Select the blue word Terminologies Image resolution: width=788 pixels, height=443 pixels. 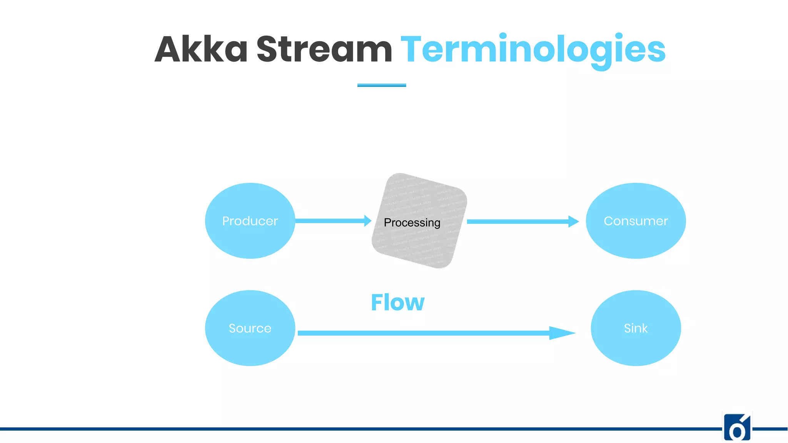(x=533, y=50)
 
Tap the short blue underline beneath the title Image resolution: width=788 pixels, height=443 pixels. (x=381, y=85)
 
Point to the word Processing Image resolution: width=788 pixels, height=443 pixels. (x=412, y=223)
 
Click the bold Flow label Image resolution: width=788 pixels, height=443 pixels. (x=397, y=302)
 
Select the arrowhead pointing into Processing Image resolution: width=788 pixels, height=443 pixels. (x=367, y=221)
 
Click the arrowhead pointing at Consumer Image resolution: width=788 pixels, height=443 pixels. (x=573, y=221)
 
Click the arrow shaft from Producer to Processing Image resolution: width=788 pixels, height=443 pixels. (x=329, y=221)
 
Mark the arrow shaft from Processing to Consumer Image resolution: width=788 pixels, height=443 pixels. (x=516, y=221)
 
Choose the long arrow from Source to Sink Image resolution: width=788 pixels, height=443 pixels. (x=423, y=333)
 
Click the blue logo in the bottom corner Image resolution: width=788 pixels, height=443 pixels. (x=737, y=427)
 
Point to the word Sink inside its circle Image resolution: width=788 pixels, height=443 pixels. (x=636, y=328)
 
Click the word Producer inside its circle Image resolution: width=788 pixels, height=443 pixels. (x=250, y=221)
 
